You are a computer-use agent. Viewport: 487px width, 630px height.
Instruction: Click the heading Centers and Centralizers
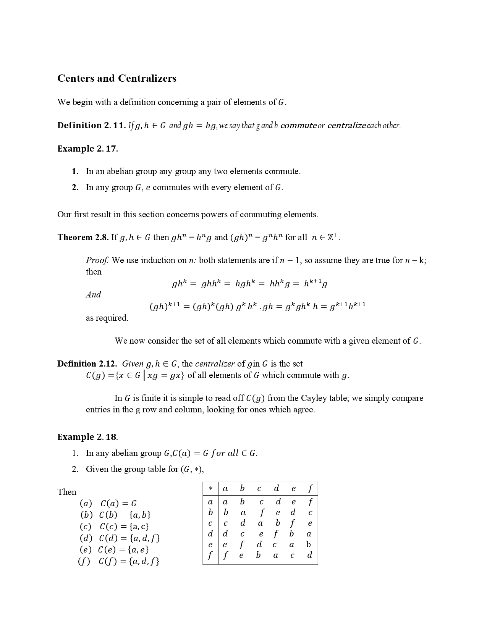point(116,78)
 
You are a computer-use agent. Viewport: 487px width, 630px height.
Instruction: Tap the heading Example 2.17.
point(87,149)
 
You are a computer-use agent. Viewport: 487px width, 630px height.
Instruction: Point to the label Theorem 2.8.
point(83,237)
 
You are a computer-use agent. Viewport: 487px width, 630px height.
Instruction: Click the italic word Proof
point(97,260)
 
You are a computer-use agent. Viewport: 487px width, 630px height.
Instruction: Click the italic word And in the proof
point(93,295)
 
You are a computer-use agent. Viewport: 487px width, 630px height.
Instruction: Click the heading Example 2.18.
point(87,437)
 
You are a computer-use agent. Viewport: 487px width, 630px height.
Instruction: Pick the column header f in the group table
point(310,488)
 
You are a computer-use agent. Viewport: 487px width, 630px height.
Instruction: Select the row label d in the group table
point(210,534)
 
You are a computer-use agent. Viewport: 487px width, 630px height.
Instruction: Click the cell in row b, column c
point(262,513)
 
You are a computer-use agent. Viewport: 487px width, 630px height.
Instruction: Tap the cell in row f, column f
point(309,555)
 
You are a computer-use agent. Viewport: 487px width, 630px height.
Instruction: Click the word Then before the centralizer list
point(67,492)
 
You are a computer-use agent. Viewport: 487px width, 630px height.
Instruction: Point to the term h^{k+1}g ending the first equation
point(315,284)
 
